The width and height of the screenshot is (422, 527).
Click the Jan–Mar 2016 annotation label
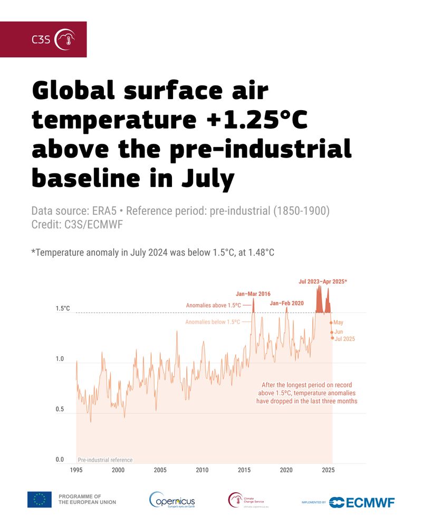253,294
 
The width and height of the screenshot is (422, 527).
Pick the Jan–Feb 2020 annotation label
287,303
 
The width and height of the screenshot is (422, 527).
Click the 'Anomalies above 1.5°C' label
213,305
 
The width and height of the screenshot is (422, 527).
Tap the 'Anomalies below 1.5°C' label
213,321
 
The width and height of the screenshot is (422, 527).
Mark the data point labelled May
331,323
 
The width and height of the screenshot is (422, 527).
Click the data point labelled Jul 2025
333,338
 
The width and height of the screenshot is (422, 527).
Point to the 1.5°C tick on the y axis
63,309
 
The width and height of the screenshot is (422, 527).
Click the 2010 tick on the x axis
202,470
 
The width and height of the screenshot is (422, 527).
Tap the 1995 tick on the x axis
76,470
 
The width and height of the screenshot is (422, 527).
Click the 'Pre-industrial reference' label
105,460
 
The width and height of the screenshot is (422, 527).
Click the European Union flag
40,499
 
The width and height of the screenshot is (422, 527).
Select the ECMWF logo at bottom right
362,502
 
